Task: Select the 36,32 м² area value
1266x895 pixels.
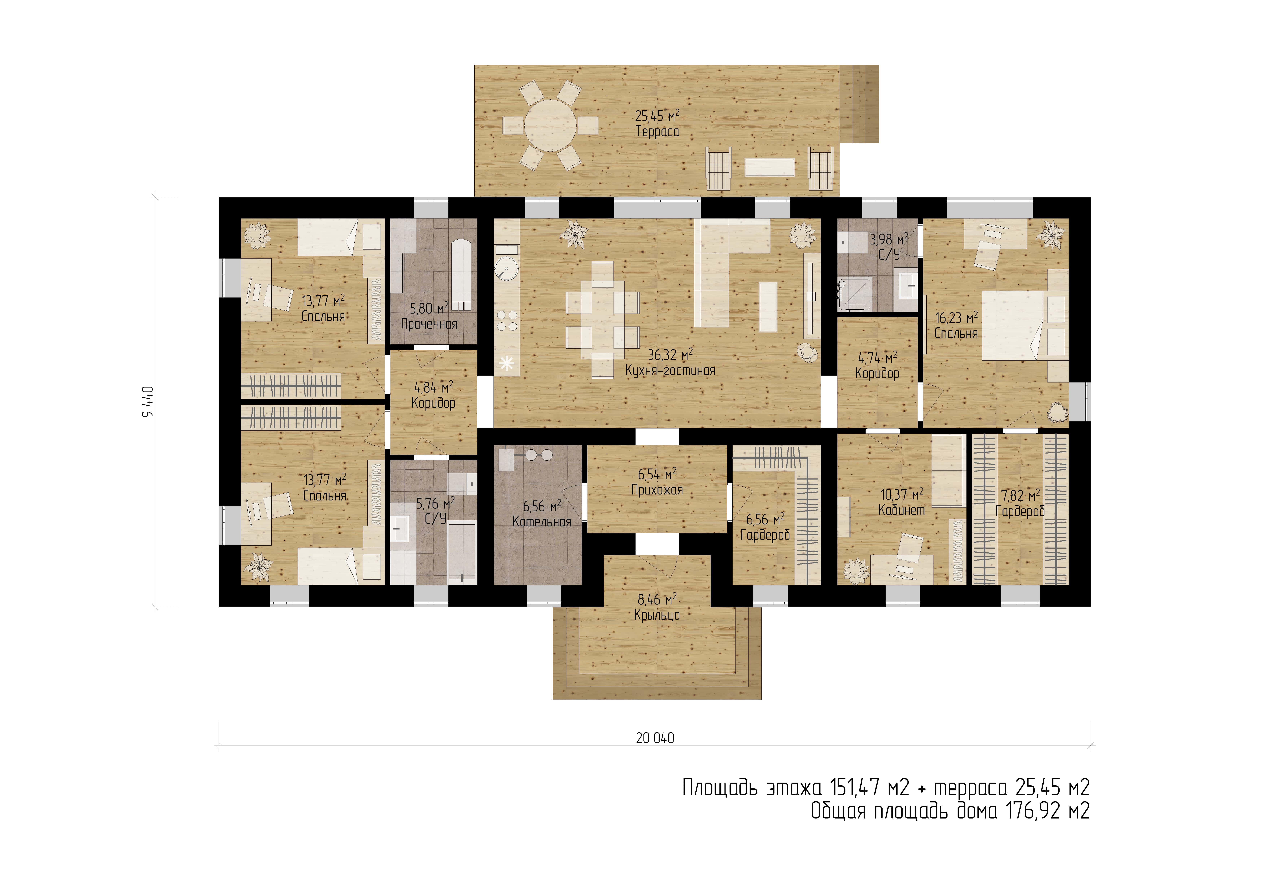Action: (x=671, y=355)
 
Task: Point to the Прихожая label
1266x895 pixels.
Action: (x=657, y=490)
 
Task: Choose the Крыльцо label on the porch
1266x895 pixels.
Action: (x=657, y=615)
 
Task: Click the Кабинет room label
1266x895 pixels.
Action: (x=902, y=510)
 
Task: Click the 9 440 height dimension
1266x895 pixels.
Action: (x=148, y=401)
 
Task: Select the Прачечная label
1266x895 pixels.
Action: (x=429, y=324)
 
